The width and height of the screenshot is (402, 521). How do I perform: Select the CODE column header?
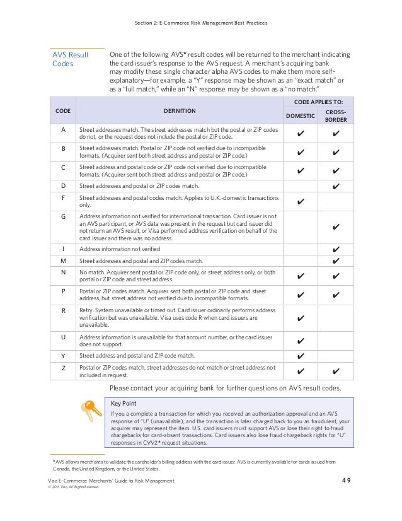62,110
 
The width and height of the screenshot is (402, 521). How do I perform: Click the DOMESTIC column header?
301,116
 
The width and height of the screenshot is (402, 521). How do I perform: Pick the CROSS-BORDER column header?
335,115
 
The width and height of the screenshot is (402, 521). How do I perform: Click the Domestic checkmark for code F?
301,201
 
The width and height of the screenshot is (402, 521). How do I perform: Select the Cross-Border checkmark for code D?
335,186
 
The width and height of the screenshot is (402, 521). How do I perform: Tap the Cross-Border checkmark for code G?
335,226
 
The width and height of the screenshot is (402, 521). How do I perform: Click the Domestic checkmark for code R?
301,319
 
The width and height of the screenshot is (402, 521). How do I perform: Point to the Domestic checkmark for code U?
301,341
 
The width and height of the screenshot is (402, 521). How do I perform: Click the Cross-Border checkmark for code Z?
335,372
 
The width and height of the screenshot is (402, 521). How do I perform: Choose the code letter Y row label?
62,356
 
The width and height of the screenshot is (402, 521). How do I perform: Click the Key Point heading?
123,402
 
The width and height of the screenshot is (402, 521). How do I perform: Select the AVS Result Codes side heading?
70,59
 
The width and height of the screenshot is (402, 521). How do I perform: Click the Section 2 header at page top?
201,23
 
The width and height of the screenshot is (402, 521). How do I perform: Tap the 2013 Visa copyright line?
74,487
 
